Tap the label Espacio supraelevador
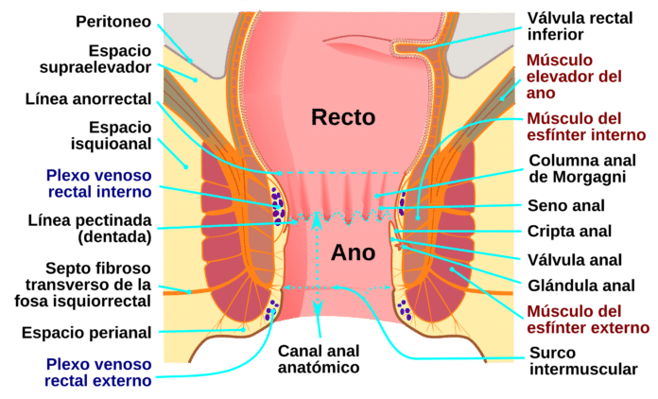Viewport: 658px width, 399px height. pyautogui.click(x=108, y=58)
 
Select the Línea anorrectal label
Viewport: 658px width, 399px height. pyautogui.click(x=90, y=97)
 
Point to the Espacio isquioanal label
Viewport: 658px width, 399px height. pyautogui.click(x=110, y=134)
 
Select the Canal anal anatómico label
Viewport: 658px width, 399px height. pyautogui.click(x=316, y=358)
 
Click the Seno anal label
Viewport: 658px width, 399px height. pyautogui.click(x=566, y=205)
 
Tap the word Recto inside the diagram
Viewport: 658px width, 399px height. pyautogui.click(x=343, y=117)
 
